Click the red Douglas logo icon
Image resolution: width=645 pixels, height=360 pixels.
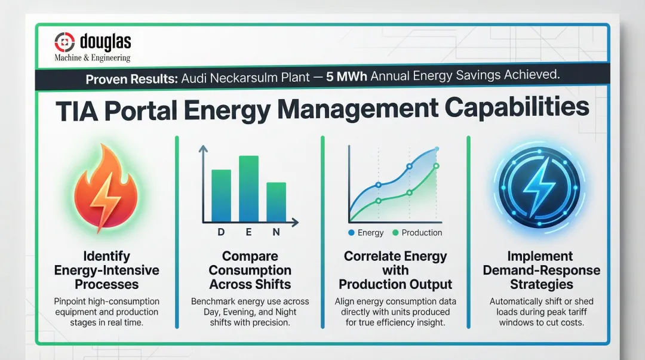(64, 41)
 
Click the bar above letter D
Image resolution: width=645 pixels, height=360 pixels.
(221, 196)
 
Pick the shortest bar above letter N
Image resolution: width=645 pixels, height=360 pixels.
(276, 202)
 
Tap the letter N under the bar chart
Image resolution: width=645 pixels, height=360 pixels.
(276, 233)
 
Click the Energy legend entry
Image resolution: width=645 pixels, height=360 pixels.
(365, 233)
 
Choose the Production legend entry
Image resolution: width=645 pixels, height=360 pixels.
(417, 233)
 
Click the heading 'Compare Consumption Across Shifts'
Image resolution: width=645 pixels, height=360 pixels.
(250, 270)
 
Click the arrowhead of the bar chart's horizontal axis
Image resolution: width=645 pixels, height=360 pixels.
(296, 223)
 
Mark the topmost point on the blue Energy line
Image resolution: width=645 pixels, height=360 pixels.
(437, 149)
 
